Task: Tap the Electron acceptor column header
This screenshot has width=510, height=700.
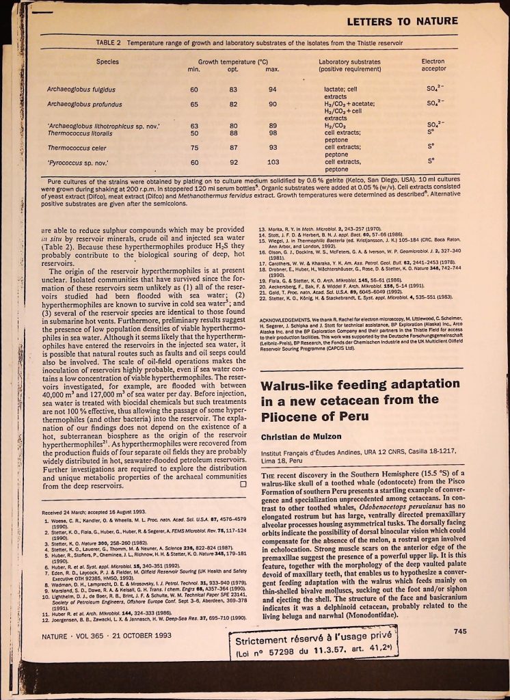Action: (433, 66)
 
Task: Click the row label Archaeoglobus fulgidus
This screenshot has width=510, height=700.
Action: (81, 90)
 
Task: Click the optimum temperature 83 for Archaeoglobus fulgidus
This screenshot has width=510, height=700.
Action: (233, 90)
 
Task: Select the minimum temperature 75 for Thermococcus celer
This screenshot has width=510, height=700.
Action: (194, 148)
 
